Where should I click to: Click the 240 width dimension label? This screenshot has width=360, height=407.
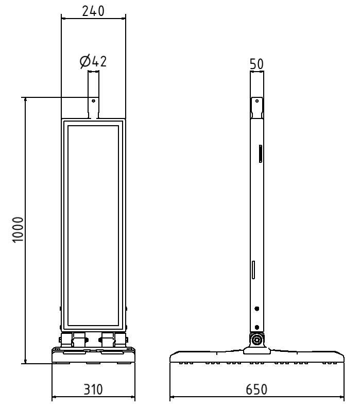click(93, 10)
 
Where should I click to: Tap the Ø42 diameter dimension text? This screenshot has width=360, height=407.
click(93, 61)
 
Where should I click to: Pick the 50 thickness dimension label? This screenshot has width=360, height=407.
click(257, 64)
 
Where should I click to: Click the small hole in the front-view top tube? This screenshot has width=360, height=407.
click(93, 101)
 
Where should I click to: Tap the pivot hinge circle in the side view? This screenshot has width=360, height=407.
click(256, 341)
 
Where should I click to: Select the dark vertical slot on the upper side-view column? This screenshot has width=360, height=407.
click(261, 154)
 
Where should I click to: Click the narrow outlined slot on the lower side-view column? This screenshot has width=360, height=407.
click(253, 270)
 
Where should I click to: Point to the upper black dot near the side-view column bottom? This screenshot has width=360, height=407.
click(257, 309)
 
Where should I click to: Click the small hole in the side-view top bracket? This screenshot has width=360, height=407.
click(256, 102)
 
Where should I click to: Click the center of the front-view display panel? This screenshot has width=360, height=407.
click(93, 225)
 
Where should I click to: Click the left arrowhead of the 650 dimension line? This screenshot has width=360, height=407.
click(172, 397)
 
